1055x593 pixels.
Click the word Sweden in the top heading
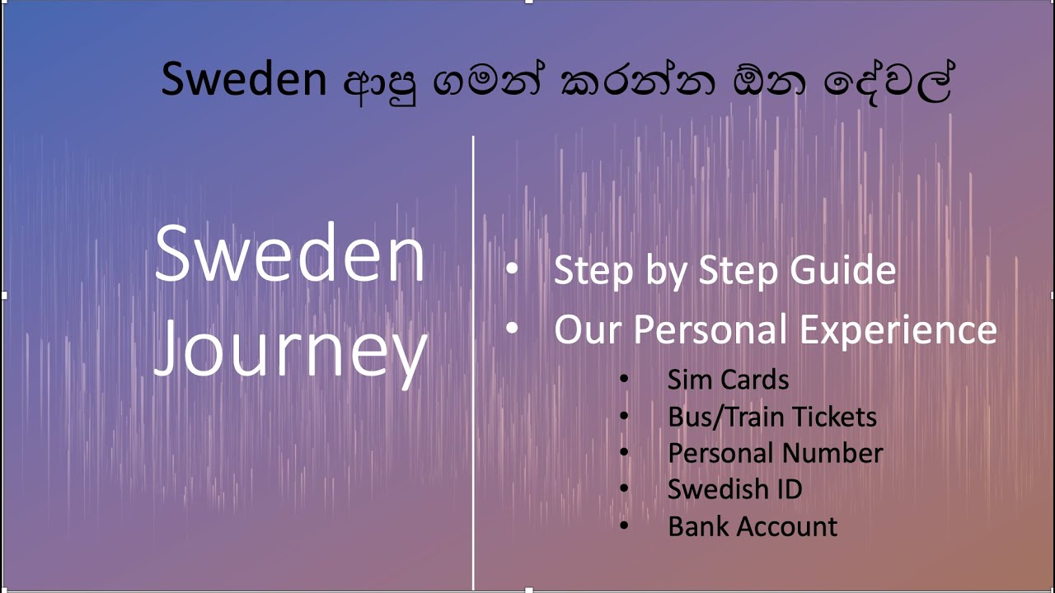[244, 80]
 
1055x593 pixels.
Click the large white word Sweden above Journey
[290, 254]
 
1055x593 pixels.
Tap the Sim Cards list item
[728, 380]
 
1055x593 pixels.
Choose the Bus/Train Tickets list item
[771, 417]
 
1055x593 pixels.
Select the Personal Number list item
[775, 453]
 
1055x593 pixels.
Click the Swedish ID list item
[734, 489]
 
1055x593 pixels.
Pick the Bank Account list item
[752, 526]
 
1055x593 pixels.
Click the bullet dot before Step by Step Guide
[513, 269]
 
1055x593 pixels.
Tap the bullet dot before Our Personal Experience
[513, 329]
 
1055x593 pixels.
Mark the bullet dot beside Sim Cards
[624, 379]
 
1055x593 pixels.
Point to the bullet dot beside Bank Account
[624, 525]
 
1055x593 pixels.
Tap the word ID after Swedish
[788, 489]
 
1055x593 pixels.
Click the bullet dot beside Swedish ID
[624, 488]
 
